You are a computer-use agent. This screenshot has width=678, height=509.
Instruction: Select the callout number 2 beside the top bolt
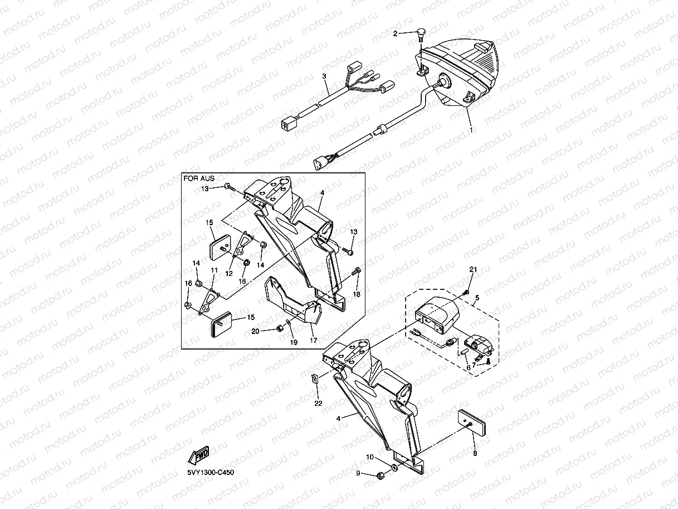[x=396, y=33]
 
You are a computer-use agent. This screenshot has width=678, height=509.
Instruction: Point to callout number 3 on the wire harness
[x=324, y=75]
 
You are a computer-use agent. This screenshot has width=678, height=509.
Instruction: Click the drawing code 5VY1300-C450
[x=211, y=473]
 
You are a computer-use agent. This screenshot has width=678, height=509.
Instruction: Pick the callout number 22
[x=318, y=403]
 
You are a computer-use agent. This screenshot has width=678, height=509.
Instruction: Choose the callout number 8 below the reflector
[x=475, y=454]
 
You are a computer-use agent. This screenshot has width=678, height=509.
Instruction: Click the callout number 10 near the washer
[x=370, y=457]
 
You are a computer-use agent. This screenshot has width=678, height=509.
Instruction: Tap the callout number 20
[x=255, y=331]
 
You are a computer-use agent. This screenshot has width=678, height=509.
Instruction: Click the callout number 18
[x=357, y=294]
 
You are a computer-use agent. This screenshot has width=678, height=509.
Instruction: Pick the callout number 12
[x=229, y=274]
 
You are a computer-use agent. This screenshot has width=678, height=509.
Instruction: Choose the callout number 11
[x=214, y=270]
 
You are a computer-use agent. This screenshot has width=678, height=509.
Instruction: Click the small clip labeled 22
[x=315, y=379]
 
